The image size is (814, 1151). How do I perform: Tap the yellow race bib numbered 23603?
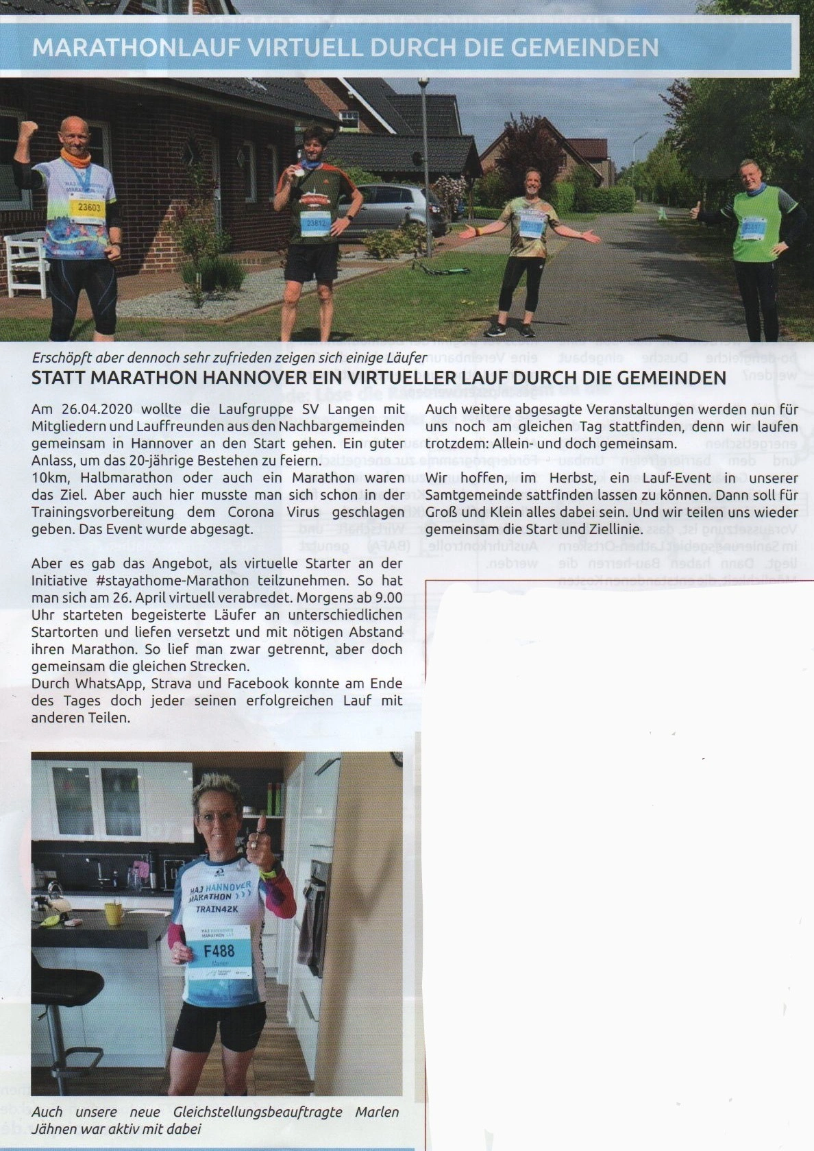pyautogui.click(x=88, y=207)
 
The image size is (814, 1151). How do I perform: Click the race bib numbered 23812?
pyautogui.click(x=314, y=223)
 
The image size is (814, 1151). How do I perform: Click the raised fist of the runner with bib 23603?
pyautogui.click(x=28, y=130)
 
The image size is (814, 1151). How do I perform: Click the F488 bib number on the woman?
pyautogui.click(x=219, y=951)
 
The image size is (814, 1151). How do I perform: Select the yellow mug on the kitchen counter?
pyautogui.click(x=114, y=913)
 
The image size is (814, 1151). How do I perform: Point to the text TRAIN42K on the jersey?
pyautogui.click(x=217, y=910)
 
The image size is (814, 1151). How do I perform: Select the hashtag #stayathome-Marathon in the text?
pyautogui.click(x=172, y=581)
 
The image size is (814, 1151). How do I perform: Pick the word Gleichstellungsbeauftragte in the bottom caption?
pyautogui.click(x=258, y=1112)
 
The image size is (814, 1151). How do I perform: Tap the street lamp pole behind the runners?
pyautogui.click(x=425, y=165)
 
